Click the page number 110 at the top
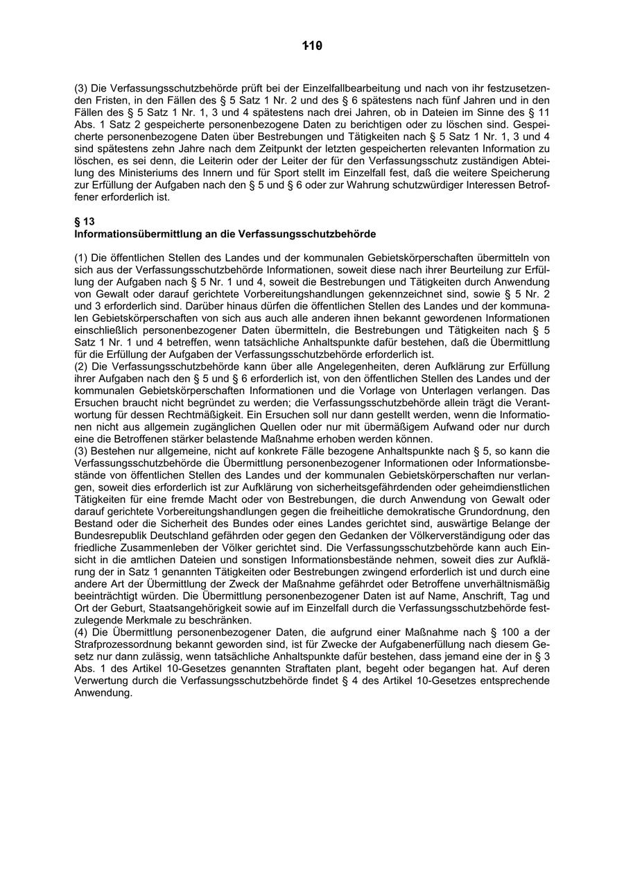click(313, 46)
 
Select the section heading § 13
click(84, 222)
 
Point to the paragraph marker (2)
click(81, 366)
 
